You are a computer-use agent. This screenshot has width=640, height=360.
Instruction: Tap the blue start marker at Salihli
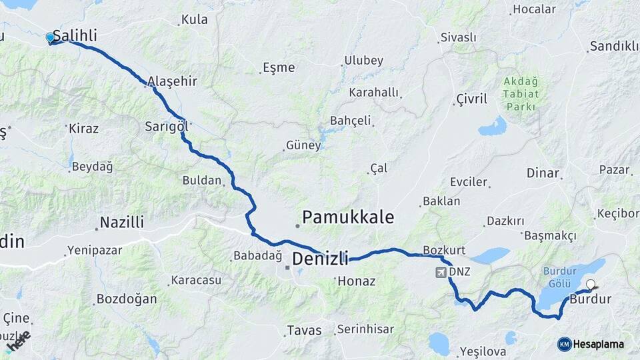click(x=50, y=38)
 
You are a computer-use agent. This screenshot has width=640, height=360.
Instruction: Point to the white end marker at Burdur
click(x=590, y=287)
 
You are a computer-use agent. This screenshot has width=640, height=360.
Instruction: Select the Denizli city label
click(x=321, y=257)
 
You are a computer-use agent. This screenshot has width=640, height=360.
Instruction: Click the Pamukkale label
click(x=348, y=217)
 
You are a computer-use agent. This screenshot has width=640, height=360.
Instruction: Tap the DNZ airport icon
click(x=440, y=272)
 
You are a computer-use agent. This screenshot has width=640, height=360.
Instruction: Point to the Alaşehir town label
click(x=172, y=81)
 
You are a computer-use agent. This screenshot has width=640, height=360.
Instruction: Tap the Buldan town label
click(x=201, y=180)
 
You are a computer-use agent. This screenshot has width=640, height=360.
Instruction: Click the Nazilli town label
click(x=121, y=223)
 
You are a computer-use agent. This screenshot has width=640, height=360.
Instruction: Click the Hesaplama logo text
click(x=600, y=344)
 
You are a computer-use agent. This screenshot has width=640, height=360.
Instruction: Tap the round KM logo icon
click(x=565, y=344)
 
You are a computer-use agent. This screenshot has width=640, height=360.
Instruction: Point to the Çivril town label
click(x=472, y=99)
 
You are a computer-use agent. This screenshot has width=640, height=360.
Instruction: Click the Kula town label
click(x=195, y=19)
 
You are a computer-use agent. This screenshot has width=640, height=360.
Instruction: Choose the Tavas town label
click(x=304, y=330)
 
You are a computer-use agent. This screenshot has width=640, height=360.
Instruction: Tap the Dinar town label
click(x=543, y=173)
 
